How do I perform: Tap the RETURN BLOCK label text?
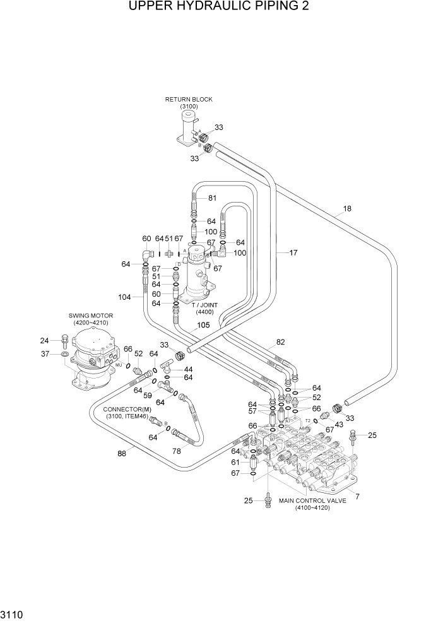pos(189,100)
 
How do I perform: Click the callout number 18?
pos(346,208)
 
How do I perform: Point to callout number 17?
pos(293,253)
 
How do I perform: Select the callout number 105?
pos(203,326)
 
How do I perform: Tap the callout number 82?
pos(280,342)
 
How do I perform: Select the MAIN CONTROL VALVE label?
pos(312,500)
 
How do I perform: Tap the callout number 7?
pos(357,497)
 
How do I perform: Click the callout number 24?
pos(45,340)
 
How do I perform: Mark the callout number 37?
pos(45,354)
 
